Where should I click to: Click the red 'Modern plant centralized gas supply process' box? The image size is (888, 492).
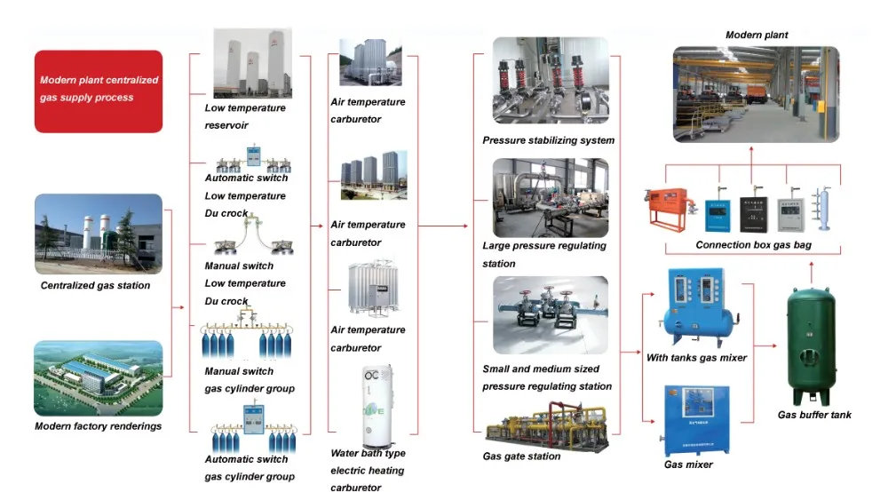point(99,91)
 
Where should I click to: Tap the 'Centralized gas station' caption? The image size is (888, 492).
point(95,286)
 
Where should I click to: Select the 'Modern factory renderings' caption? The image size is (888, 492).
point(98,426)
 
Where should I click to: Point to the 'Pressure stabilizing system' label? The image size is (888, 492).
point(548,140)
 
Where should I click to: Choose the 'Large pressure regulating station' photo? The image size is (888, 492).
point(551,197)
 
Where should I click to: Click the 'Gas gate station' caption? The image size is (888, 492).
point(521,456)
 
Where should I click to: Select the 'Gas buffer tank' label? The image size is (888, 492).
point(814,415)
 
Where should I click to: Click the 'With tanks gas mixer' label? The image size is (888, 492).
point(695,357)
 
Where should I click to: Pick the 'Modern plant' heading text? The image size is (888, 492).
point(757,36)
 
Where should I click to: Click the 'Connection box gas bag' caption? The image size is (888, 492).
point(753,245)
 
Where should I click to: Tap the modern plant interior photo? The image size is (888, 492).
point(755,96)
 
